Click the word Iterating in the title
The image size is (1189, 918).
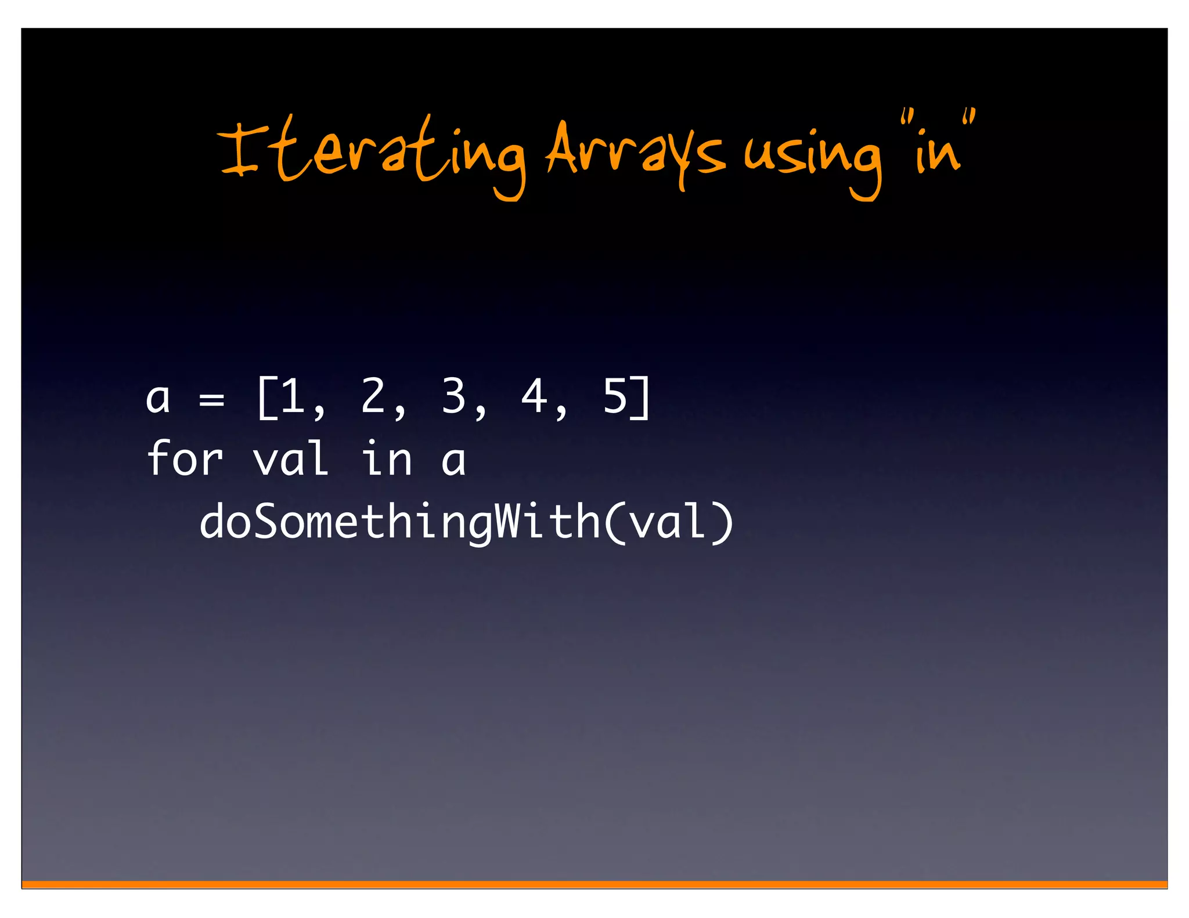[x=372, y=154]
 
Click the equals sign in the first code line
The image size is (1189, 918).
[x=211, y=399]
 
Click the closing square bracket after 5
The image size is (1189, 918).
[x=641, y=397]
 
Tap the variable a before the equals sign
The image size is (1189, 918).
[x=158, y=399]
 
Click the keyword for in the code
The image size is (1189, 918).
[x=185, y=458]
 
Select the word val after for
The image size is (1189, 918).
[x=291, y=458]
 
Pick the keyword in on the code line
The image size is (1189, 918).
[x=386, y=458]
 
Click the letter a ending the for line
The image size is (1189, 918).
[x=453, y=461]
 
